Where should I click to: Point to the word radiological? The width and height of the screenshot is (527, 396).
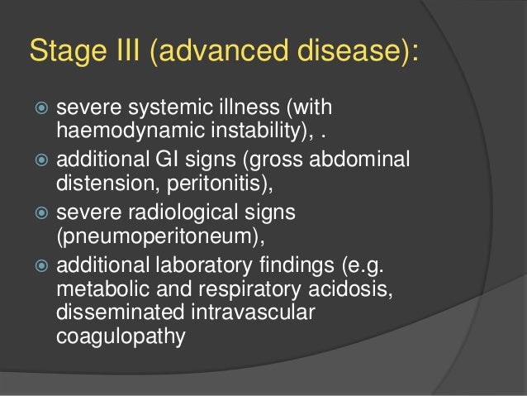183,213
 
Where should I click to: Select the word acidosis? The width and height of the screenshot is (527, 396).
329,289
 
